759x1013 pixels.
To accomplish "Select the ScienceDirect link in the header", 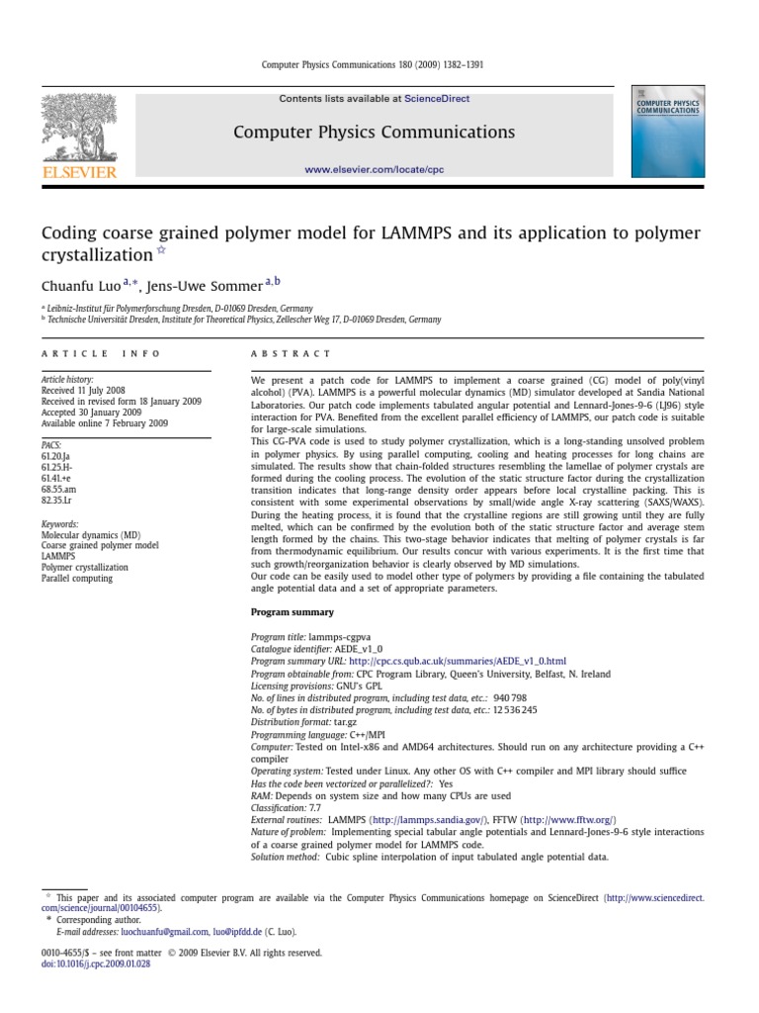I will [437, 99].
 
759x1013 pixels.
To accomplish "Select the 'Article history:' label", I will [64, 380].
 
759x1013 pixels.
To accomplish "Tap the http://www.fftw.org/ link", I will [567, 820].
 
